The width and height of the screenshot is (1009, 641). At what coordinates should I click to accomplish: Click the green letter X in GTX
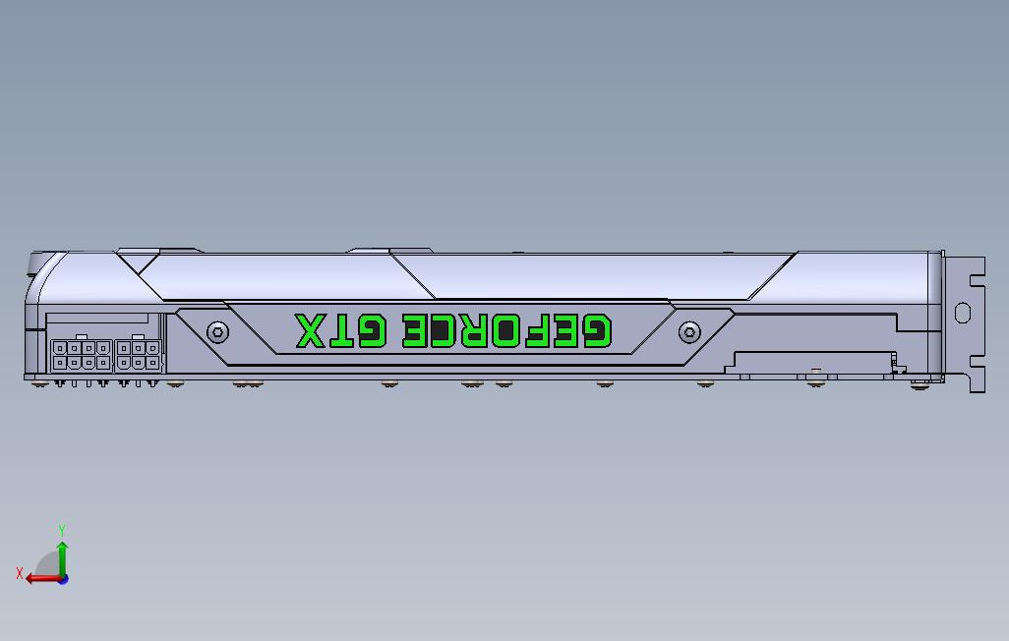tap(310, 331)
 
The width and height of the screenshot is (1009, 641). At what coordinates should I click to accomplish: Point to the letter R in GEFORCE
tap(471, 331)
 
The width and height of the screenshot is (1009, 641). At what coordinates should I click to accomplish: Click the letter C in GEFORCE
tap(441, 331)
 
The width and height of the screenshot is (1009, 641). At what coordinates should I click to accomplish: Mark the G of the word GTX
tap(372, 331)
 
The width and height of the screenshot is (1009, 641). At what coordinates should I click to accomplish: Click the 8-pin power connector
tap(82, 355)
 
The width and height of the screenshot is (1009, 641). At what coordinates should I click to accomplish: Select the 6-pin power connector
tap(138, 355)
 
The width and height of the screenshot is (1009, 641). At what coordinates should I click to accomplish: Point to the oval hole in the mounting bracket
tap(963, 313)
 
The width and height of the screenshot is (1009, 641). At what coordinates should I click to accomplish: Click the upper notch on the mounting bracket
tap(976, 280)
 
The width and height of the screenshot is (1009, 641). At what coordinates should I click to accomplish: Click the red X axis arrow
tap(39, 578)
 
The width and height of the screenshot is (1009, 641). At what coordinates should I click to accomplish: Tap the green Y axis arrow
tap(62, 556)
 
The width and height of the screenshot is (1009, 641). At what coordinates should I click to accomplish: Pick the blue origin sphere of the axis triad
tap(63, 579)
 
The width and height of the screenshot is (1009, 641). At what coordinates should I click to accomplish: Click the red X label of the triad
tap(19, 573)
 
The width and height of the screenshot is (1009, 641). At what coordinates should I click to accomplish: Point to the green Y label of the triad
tap(62, 531)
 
